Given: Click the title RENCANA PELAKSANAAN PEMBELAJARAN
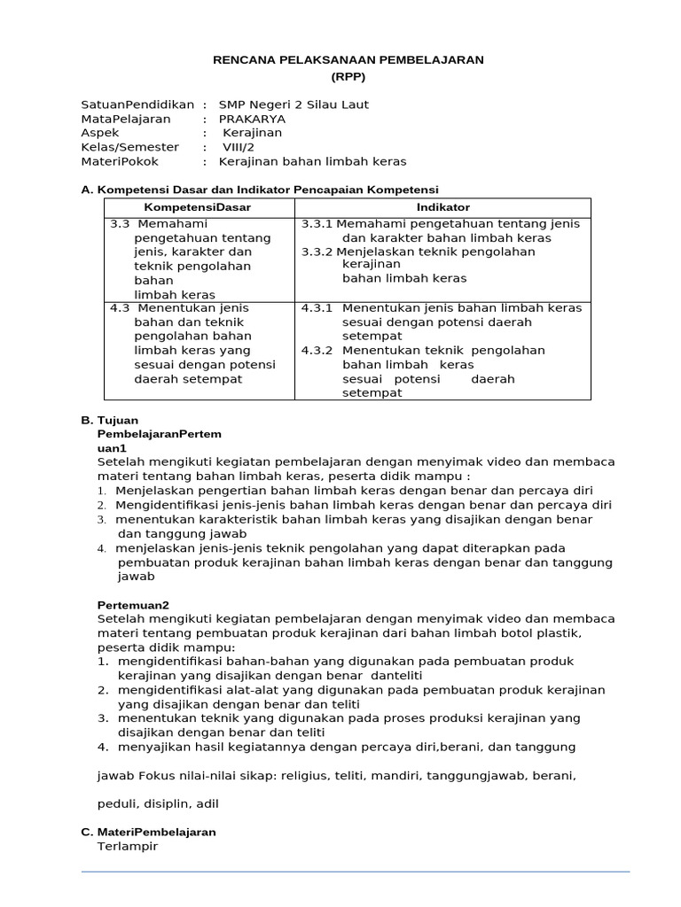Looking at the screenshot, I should [x=348, y=59].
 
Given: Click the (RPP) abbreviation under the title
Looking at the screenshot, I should [x=348, y=76].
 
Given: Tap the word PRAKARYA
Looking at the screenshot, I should [x=252, y=119].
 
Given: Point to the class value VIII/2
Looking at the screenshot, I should [x=238, y=147].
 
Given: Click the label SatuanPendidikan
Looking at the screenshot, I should [x=137, y=105].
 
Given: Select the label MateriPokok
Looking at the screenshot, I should [x=119, y=161].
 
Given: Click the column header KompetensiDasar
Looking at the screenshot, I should [x=198, y=207].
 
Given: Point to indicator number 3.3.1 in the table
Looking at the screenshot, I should [x=317, y=224].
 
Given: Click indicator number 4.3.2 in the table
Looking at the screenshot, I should [x=317, y=351].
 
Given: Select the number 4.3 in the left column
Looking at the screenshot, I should [x=120, y=308].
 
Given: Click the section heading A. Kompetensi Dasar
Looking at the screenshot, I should [x=260, y=190].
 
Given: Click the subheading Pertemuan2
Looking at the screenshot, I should [x=132, y=604].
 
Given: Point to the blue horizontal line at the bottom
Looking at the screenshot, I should [x=355, y=872].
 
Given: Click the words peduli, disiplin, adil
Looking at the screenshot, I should [x=157, y=804].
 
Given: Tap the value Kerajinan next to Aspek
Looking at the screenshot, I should [x=252, y=133].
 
